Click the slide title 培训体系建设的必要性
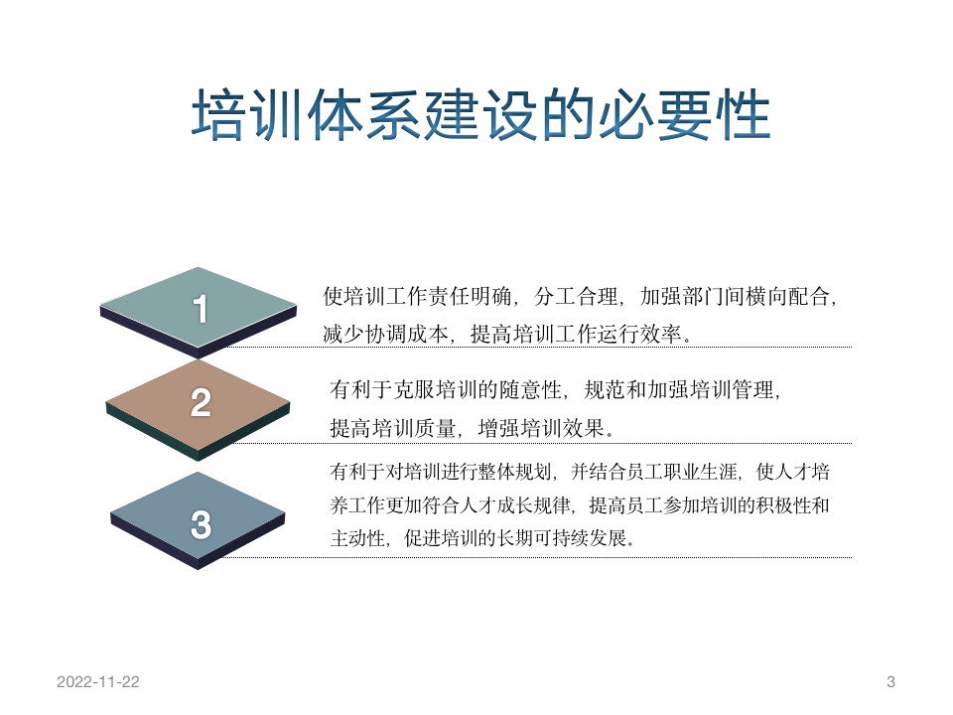point(480,117)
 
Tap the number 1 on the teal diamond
point(201,310)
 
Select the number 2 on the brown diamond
point(201,403)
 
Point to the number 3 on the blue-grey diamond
point(201,524)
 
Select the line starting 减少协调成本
point(507,334)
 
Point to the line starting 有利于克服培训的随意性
point(556,390)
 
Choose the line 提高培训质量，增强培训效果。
point(473,428)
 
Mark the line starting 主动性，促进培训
point(481,540)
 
